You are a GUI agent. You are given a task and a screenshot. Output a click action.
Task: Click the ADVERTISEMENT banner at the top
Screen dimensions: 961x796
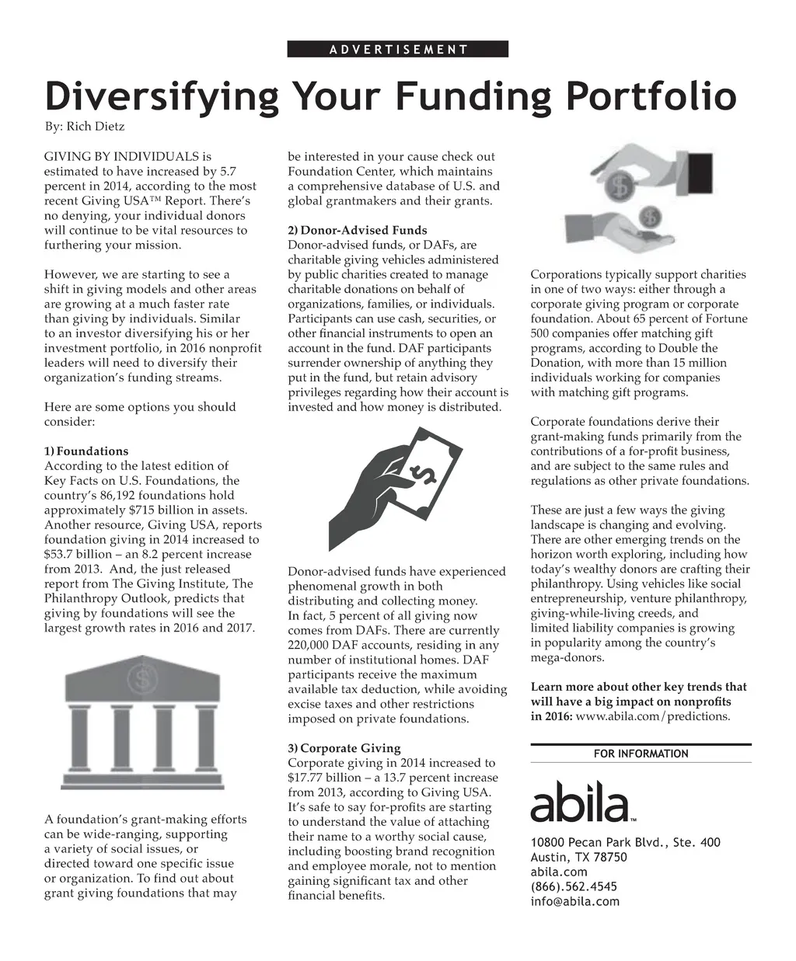(x=397, y=49)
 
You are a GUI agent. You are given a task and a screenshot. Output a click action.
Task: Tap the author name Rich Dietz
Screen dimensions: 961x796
(x=93, y=126)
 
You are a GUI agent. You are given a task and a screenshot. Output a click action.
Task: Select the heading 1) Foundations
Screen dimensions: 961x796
(x=86, y=451)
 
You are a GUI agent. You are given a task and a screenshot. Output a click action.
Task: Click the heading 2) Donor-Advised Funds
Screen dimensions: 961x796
(x=358, y=230)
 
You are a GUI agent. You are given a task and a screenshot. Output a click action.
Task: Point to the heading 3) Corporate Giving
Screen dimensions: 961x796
(x=344, y=748)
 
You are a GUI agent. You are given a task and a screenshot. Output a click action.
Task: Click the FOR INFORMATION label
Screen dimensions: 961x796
(x=641, y=754)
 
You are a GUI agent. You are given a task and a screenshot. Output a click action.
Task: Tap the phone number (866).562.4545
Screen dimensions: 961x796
(x=574, y=886)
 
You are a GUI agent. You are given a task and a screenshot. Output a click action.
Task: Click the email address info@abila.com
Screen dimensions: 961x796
(x=574, y=901)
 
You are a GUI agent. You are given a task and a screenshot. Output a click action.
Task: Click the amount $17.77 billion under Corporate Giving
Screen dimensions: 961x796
(x=322, y=777)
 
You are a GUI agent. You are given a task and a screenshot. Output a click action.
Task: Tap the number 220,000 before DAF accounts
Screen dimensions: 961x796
(x=309, y=645)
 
